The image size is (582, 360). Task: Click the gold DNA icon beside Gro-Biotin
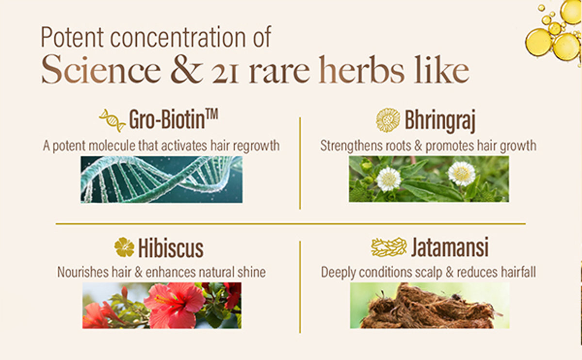[x=112, y=121]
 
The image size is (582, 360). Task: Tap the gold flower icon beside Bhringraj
[x=388, y=120]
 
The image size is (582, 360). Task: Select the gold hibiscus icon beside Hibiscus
[x=124, y=247]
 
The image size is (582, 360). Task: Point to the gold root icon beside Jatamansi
[x=388, y=247]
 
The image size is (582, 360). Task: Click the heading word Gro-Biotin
[x=167, y=119]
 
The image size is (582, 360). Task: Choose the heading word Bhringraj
[x=440, y=121]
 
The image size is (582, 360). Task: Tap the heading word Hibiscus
[x=171, y=248]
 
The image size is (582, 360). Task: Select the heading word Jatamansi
[x=450, y=247]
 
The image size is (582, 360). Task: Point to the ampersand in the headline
[x=187, y=69]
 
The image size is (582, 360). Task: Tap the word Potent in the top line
[x=72, y=37]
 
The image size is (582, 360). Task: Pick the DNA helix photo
[x=162, y=180]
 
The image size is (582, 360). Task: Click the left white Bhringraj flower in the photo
[x=388, y=179]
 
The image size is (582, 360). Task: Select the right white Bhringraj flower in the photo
[x=462, y=174]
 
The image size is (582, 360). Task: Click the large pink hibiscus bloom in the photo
[x=173, y=305]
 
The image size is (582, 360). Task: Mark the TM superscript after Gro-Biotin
[x=212, y=115]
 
